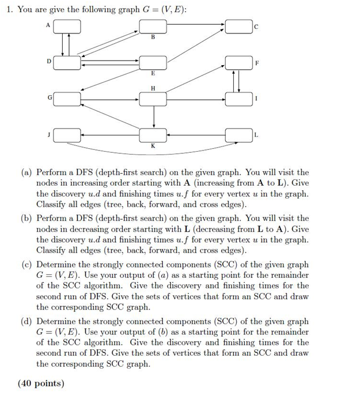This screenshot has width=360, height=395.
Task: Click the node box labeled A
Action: (x=67, y=27)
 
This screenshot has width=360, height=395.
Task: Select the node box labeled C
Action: (x=238, y=27)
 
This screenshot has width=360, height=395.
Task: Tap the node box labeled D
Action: (x=67, y=62)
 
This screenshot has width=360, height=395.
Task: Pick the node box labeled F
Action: (x=238, y=62)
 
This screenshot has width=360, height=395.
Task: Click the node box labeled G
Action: (x=67, y=99)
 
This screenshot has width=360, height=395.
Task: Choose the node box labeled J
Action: (x=67, y=136)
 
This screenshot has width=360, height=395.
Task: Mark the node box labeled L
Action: (x=238, y=136)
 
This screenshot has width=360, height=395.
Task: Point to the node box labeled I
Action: (x=238, y=99)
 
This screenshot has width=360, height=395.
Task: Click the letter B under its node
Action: (x=153, y=37)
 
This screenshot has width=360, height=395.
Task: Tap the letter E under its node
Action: (x=153, y=74)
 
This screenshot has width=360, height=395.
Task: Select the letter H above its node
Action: (x=153, y=88)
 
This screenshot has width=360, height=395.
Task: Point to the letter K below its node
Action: (x=153, y=147)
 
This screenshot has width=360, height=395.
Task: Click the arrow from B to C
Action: (x=196, y=27)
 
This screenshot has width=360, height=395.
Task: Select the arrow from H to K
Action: (x=153, y=118)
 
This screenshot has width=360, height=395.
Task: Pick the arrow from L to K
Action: (x=196, y=136)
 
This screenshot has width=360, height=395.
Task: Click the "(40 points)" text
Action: (x=41, y=382)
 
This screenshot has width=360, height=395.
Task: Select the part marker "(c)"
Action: (x=27, y=265)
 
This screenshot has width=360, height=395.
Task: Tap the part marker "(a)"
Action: (x=27, y=172)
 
